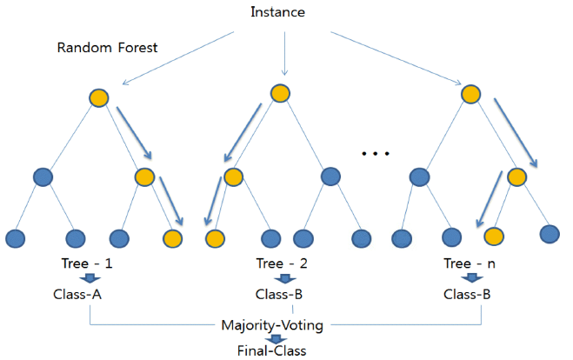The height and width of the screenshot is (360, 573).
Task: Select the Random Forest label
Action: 107,48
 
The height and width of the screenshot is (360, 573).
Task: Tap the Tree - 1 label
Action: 90,263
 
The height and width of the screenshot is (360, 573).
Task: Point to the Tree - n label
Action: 471,263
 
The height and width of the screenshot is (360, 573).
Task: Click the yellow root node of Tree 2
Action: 279,93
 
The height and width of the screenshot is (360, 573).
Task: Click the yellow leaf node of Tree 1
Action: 172,237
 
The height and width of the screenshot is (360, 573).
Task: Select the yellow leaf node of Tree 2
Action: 214,237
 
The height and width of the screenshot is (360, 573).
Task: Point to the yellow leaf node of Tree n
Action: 494,236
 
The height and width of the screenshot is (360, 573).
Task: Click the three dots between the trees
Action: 375,154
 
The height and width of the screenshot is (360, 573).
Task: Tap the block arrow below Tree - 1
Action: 90,278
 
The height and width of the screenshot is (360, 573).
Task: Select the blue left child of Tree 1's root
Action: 44,177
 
